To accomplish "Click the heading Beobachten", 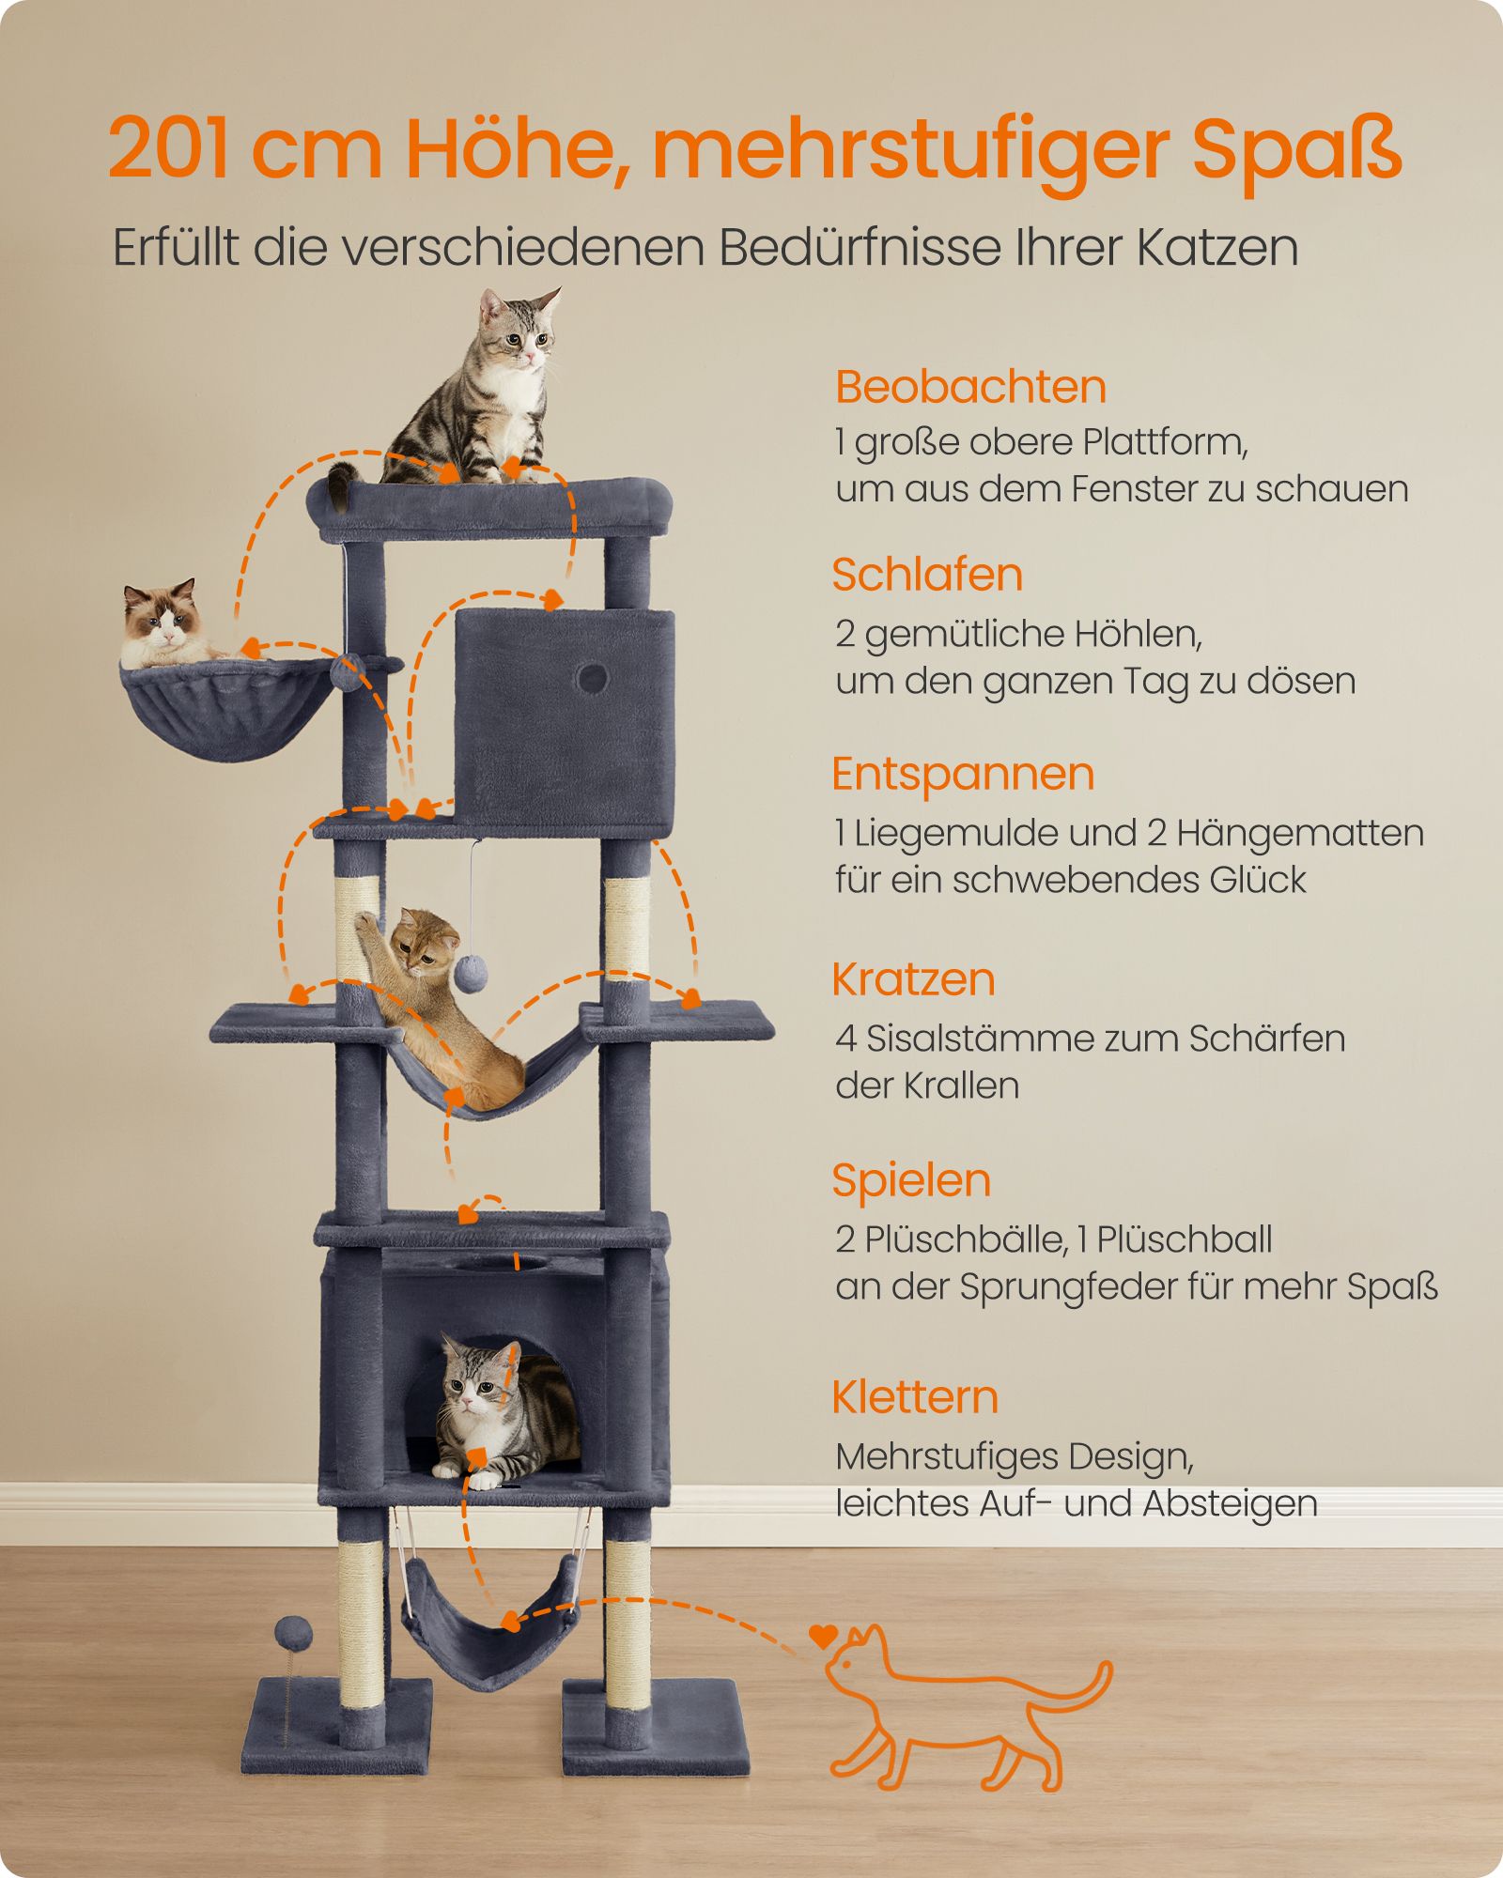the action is tap(970, 388).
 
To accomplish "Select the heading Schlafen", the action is tap(927, 576).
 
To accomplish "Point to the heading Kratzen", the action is tap(913, 980).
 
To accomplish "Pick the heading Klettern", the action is tap(915, 1397).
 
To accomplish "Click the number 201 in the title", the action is tap(170, 149).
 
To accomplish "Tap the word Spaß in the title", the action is tap(1297, 153).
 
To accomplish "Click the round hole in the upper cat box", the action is tap(592, 677).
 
